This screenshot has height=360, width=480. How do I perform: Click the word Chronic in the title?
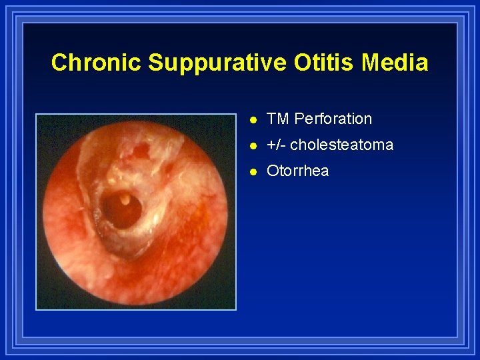tap(97, 63)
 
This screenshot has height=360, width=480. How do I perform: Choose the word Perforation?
tap(333, 119)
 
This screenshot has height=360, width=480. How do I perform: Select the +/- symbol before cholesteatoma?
tap(276, 145)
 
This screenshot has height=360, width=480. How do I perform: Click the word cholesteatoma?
tap(341, 145)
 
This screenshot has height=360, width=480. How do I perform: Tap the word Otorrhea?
tap(297, 171)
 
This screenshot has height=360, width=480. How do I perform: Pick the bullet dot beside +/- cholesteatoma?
tap(251, 145)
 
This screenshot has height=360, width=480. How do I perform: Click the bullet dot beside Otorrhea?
tap(251, 171)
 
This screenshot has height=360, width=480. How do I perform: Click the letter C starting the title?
tap(59, 63)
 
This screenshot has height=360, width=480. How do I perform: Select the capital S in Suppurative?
tap(156, 63)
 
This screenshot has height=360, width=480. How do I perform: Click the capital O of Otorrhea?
tap(273, 171)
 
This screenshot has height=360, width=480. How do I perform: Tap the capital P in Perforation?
tap(299, 119)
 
